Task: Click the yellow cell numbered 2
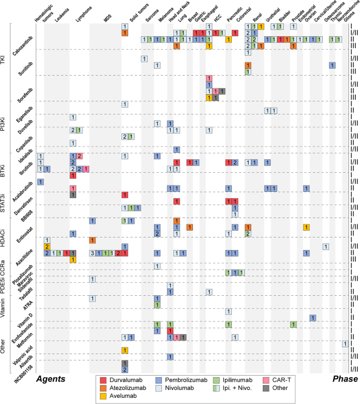47,246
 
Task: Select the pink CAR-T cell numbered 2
79,156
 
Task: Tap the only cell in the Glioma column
345,344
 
